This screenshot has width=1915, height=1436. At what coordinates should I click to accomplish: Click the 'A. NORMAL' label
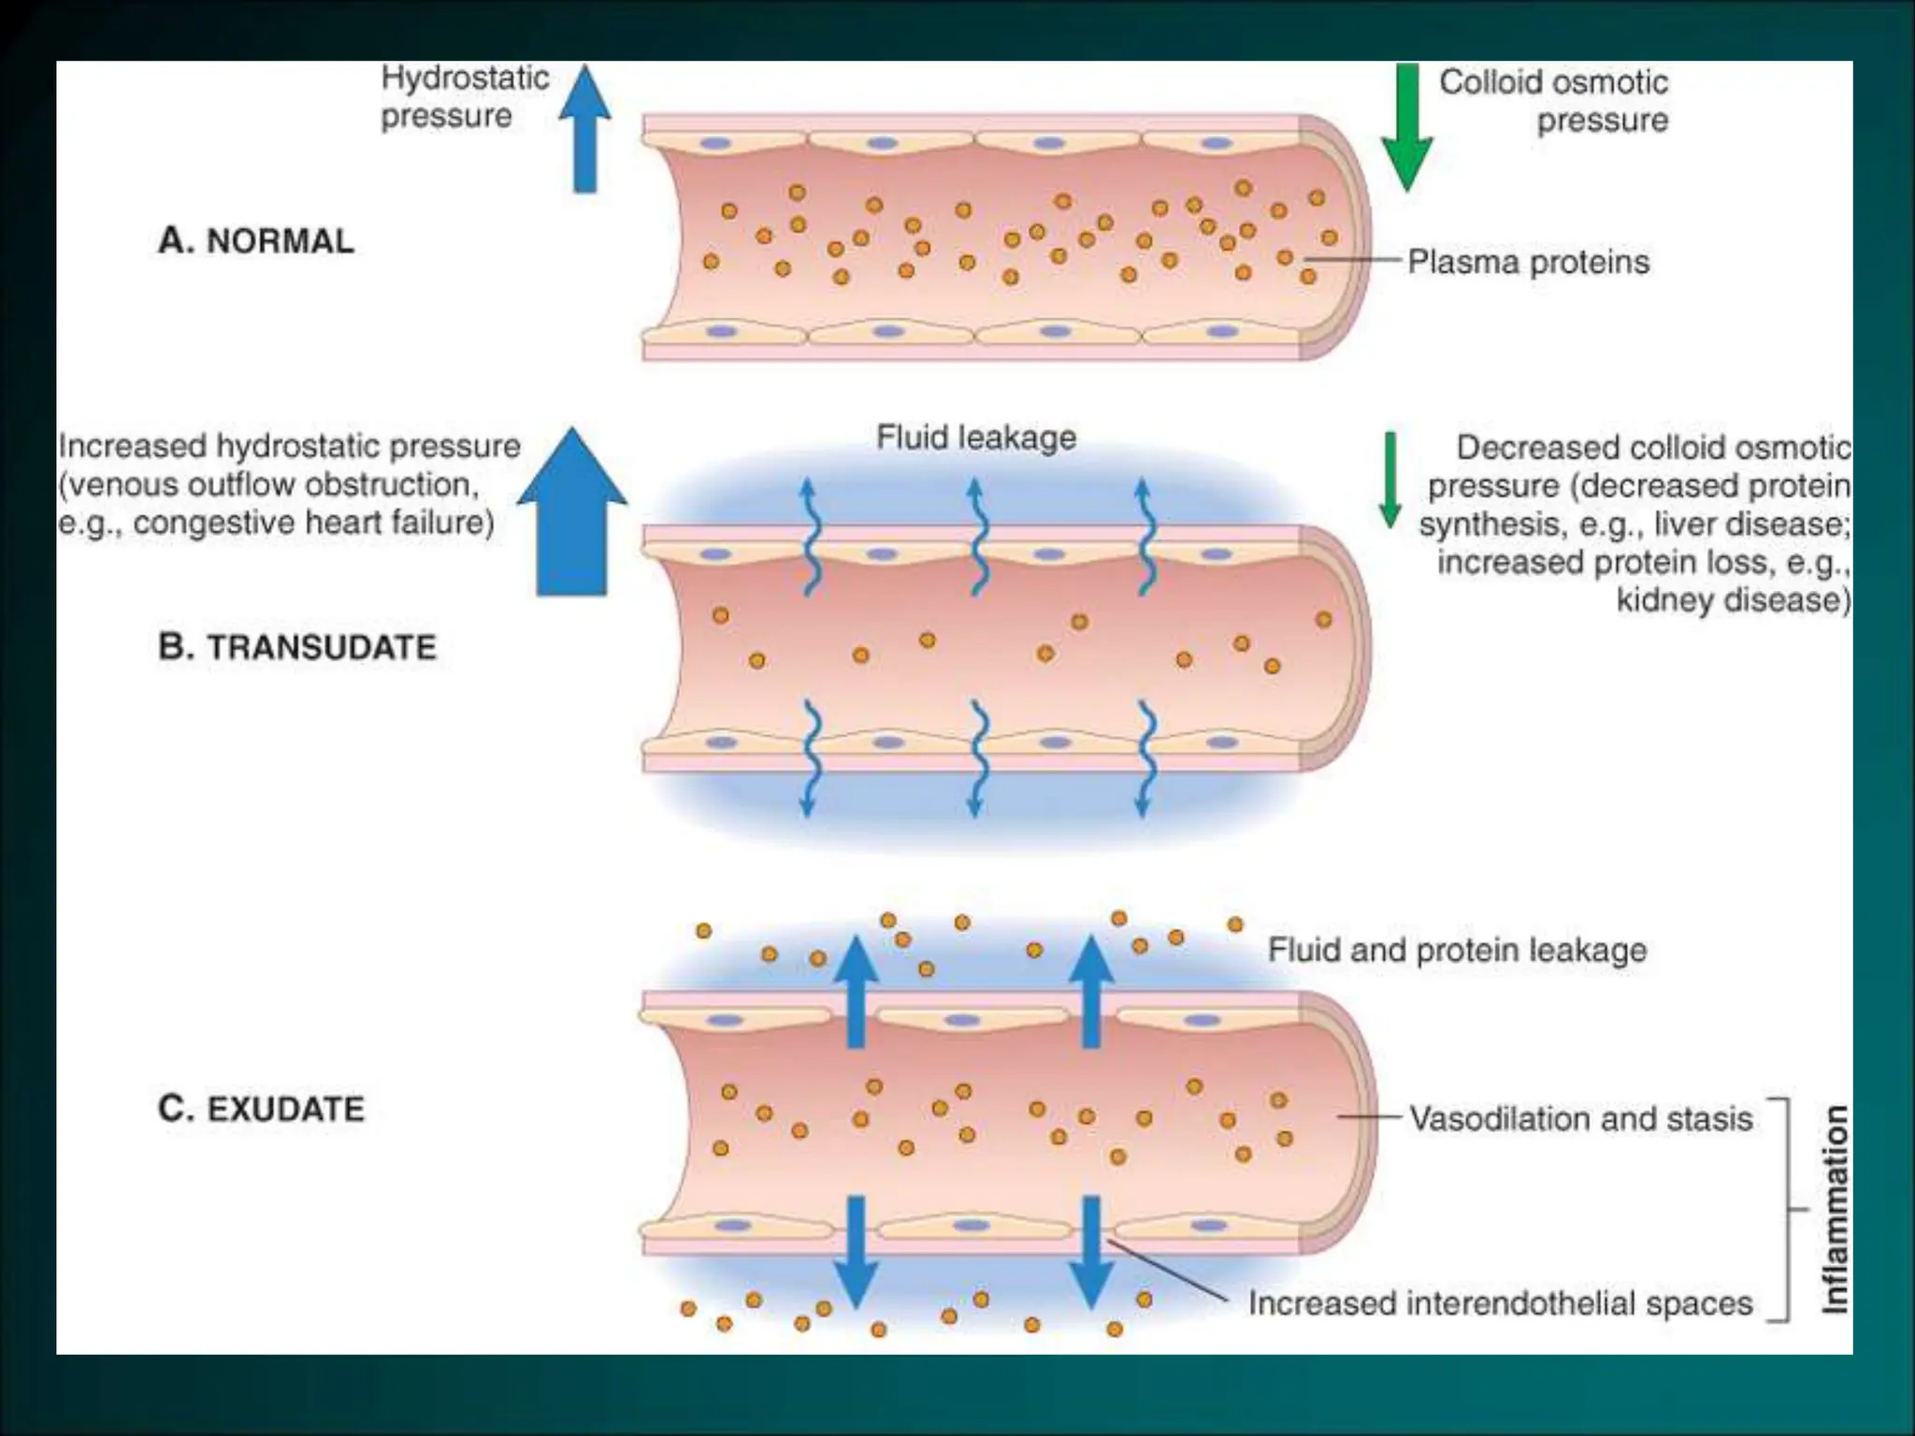pos(256,240)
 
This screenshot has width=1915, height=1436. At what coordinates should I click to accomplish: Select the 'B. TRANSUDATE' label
pos(297,647)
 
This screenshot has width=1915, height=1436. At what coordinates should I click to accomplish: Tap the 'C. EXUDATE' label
pos(261,1109)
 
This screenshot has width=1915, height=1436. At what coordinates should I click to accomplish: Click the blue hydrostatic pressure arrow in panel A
pos(584,131)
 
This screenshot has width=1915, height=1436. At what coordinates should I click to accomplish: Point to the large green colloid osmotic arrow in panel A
pos(1406,126)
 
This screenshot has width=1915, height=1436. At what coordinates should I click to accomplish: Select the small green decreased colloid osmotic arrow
pos(1390,479)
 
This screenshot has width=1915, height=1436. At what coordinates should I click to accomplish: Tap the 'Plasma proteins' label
pos(1528,262)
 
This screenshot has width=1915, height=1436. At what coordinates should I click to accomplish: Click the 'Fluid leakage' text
pos(975,438)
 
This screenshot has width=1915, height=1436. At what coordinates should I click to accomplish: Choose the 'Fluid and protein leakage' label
pos(1457,950)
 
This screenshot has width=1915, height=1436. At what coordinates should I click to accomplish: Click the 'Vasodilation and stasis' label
pos(1580,1118)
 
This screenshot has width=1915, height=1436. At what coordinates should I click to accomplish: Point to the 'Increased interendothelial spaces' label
pos(1500,1303)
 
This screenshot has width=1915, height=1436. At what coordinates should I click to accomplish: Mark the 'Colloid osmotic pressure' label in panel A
pos(1554,101)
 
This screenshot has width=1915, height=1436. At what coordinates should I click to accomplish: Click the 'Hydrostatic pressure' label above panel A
pos(464,96)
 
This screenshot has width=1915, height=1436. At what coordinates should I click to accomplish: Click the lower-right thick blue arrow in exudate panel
pos(1090,1253)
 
